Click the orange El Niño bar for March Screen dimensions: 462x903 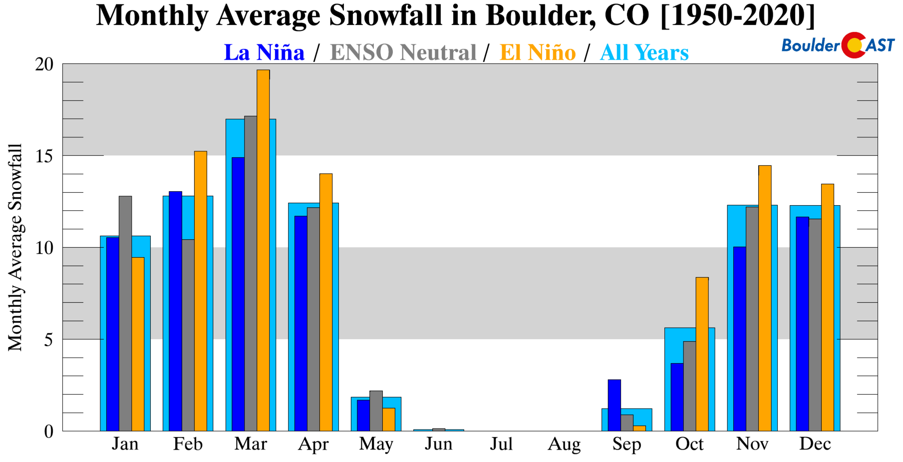(263, 250)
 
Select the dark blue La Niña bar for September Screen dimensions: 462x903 (614, 405)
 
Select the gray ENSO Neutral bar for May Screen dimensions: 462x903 (376, 411)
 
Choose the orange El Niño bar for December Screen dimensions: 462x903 (827, 307)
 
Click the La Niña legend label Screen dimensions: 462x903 (264, 52)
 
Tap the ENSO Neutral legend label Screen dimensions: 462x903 (403, 52)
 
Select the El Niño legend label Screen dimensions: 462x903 (538, 52)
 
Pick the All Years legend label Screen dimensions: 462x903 (644, 52)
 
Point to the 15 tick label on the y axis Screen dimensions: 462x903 (44, 156)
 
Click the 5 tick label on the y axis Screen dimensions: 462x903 (48, 340)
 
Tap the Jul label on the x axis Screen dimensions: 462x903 (501, 444)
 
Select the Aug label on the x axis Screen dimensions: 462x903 (564, 444)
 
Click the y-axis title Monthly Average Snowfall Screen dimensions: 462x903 (15, 247)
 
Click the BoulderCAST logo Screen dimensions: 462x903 (838, 45)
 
